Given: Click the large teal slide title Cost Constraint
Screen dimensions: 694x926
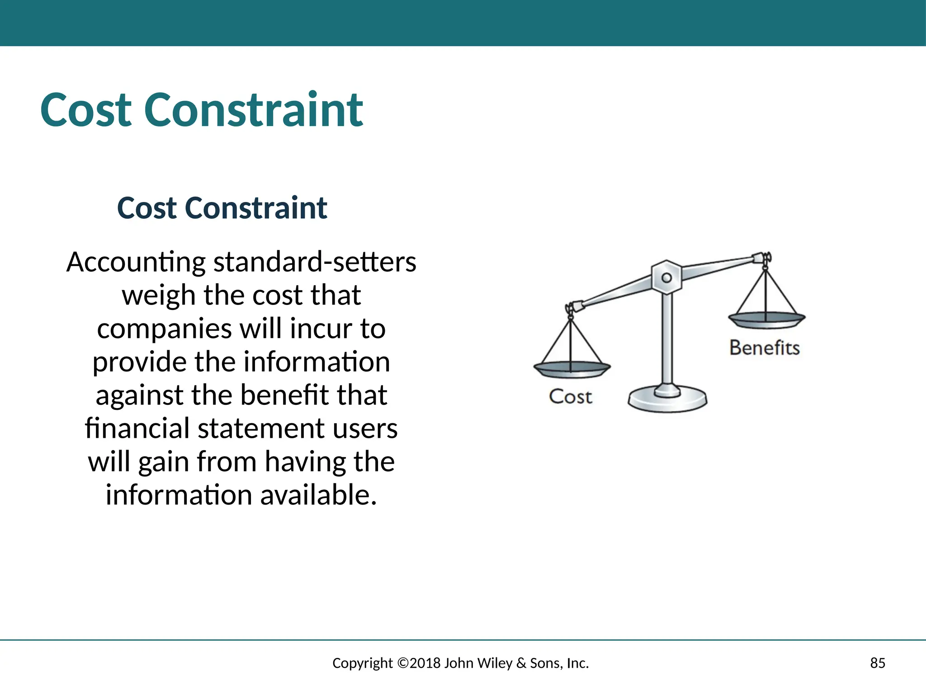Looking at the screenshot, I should [x=201, y=110].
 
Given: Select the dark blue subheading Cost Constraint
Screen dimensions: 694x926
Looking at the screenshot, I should [x=222, y=208].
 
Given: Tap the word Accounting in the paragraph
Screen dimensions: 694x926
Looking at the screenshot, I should [x=136, y=263].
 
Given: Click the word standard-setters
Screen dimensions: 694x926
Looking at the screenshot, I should [x=315, y=263].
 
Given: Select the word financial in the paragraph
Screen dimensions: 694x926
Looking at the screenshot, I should [x=137, y=428].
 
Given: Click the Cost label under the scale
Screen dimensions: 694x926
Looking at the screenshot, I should [x=570, y=397].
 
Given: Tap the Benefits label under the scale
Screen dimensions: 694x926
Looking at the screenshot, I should [x=764, y=348].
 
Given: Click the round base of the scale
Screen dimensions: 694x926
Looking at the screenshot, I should [x=667, y=400].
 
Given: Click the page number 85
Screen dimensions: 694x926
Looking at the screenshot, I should [x=877, y=663].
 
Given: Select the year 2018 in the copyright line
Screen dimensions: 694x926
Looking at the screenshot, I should [x=425, y=663].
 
